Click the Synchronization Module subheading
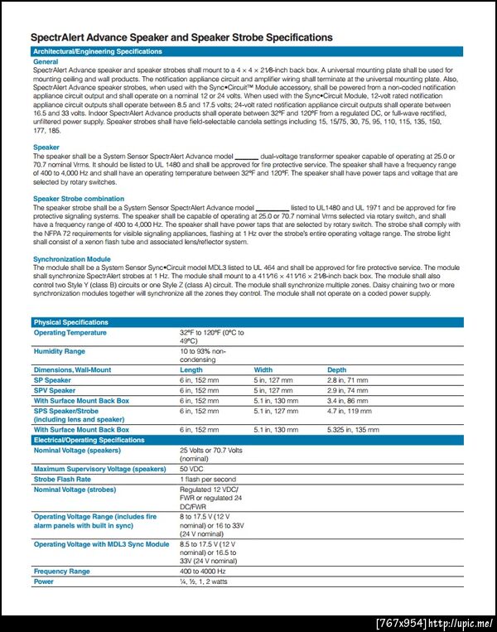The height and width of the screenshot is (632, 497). (x=72, y=259)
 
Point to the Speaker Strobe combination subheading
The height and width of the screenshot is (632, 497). (x=79, y=199)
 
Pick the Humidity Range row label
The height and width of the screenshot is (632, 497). (x=59, y=351)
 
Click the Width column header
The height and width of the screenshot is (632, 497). (x=263, y=369)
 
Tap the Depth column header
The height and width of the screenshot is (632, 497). (x=336, y=369)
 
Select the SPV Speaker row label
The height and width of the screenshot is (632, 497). (x=54, y=390)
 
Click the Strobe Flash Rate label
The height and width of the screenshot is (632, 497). (x=62, y=479)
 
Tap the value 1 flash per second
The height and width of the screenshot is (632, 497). (x=207, y=479)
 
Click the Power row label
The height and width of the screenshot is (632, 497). (x=43, y=581)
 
